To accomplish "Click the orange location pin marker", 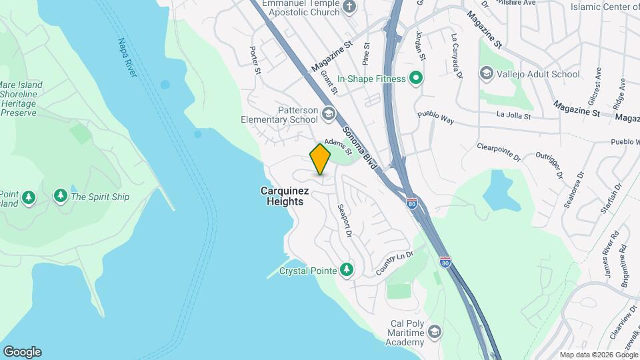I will coord(321,159).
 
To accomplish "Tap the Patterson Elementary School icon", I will coord(327,113).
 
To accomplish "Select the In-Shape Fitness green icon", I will coord(417,79).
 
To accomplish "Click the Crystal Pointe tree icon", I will coord(346,270).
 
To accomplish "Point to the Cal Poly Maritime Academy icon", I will coord(435,331).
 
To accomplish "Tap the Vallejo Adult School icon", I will coord(487,73).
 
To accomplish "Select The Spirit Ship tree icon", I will coord(61,196).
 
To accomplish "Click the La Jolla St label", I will coord(513,116).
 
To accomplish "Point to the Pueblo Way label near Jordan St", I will coord(435,117).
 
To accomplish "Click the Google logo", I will coord(22,351).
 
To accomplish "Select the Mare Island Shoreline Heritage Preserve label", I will coord(21,99).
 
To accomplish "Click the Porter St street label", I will coord(254,60).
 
